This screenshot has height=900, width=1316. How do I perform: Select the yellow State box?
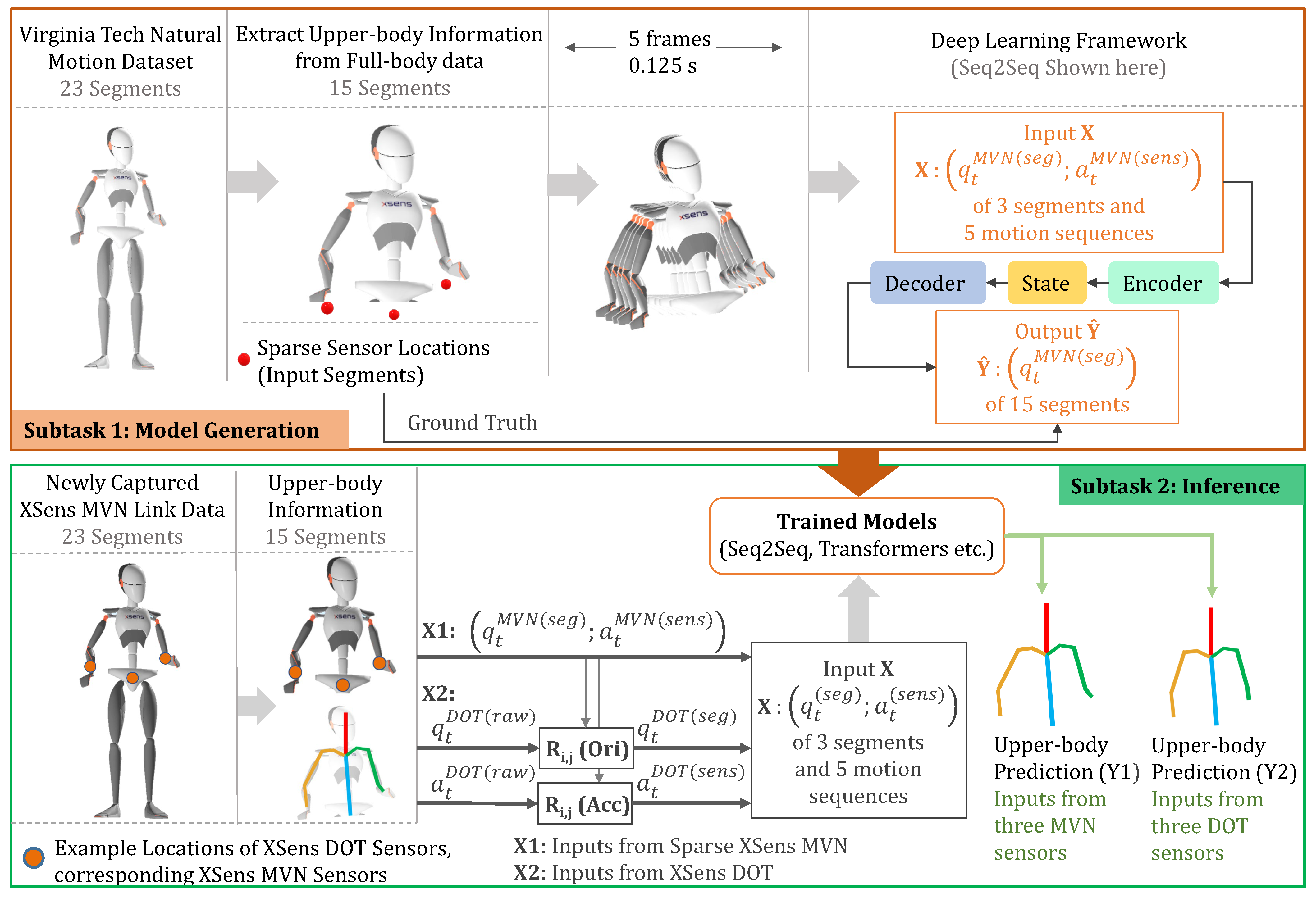1046,283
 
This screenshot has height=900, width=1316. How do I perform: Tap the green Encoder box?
1163,283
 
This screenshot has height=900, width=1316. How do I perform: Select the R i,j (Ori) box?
587,748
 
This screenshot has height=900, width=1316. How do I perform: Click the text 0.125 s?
663,66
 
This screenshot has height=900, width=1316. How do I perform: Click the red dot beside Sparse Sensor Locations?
244,359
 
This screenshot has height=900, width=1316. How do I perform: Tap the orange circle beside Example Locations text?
34,857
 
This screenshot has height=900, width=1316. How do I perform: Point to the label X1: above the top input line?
438,630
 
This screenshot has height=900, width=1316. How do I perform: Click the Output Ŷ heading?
1057,331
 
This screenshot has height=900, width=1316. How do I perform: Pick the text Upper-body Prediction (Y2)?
1223,758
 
